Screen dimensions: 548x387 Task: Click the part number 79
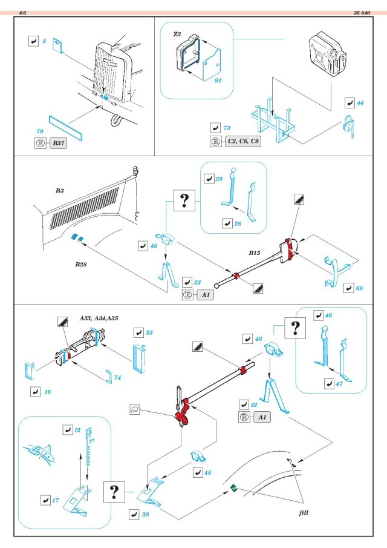pyautogui.click(x=40, y=131)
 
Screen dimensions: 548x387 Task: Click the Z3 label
pyautogui.click(x=177, y=35)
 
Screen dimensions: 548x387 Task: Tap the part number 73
pyautogui.click(x=227, y=129)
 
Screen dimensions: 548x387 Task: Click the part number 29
pyautogui.click(x=219, y=179)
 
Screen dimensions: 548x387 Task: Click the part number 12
pyautogui.click(x=78, y=430)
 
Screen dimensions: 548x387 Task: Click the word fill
pyautogui.click(x=305, y=512)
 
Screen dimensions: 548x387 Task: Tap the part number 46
pyautogui.click(x=329, y=315)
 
